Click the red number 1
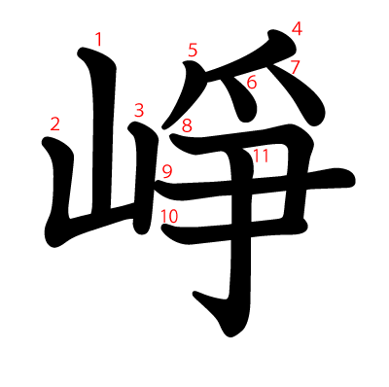tap(98, 40)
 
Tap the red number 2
tap(55, 124)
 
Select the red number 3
tap(139, 111)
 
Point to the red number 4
tap(297, 28)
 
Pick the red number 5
tap(193, 51)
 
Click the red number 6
tap(252, 82)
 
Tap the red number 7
tap(295, 67)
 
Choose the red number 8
tap(187, 125)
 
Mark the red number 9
tap(167, 172)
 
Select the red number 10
tap(169, 217)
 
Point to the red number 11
tap(261, 156)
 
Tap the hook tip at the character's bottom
tap(194, 294)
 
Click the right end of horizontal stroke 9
tap(353, 179)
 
